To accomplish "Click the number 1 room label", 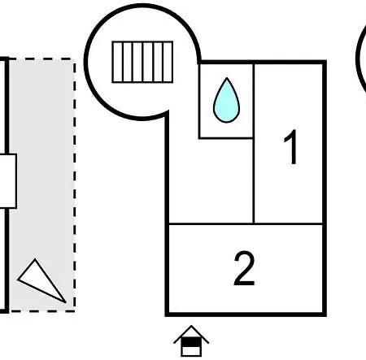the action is click(x=290, y=147).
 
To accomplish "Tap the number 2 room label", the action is click(x=244, y=268).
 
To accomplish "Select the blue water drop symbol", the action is click(x=226, y=100).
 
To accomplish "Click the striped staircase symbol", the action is click(x=142, y=62).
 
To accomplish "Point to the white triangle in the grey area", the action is click(x=41, y=282).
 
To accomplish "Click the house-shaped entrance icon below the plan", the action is click(x=191, y=341).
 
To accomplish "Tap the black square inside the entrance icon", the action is click(x=191, y=342).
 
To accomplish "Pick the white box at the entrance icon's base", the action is click(x=191, y=351).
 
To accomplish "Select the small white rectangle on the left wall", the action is click(x=8, y=181).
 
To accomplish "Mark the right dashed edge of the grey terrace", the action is click(x=74, y=185).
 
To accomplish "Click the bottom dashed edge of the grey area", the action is click(x=42, y=311).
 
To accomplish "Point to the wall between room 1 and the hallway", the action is click(x=254, y=144).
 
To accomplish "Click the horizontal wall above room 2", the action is click(x=246, y=224).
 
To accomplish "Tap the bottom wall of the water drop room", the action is click(x=225, y=138).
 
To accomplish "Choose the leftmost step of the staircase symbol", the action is click(x=117, y=62).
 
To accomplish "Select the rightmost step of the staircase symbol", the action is click(x=168, y=62).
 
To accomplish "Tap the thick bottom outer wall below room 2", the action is click(x=246, y=314).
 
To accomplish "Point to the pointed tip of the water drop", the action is click(x=227, y=78).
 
